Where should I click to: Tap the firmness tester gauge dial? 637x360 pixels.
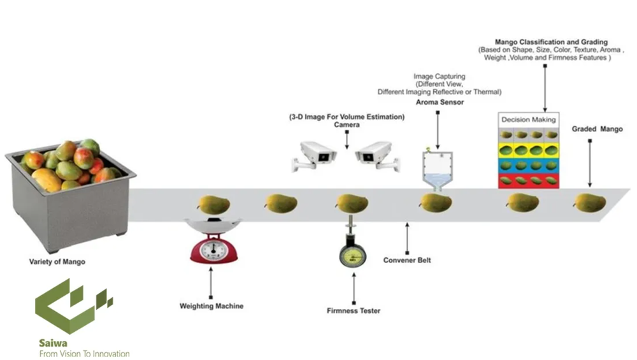tap(352, 254)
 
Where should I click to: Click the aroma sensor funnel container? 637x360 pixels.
tap(438, 168)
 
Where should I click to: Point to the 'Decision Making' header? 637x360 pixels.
tap(528, 119)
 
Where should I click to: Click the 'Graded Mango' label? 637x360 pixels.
tap(597, 129)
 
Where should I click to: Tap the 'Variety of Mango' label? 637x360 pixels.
tap(57, 262)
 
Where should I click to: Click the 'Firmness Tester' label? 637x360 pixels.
tap(353, 311)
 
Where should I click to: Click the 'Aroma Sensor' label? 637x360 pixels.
tap(440, 102)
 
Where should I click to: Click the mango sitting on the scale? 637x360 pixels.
tap(213, 205)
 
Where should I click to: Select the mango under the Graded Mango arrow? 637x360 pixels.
tap(589, 203)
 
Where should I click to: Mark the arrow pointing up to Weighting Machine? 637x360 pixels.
tap(211, 282)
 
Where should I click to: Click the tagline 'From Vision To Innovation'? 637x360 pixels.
tap(84, 354)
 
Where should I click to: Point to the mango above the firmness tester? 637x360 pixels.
tap(352, 203)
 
